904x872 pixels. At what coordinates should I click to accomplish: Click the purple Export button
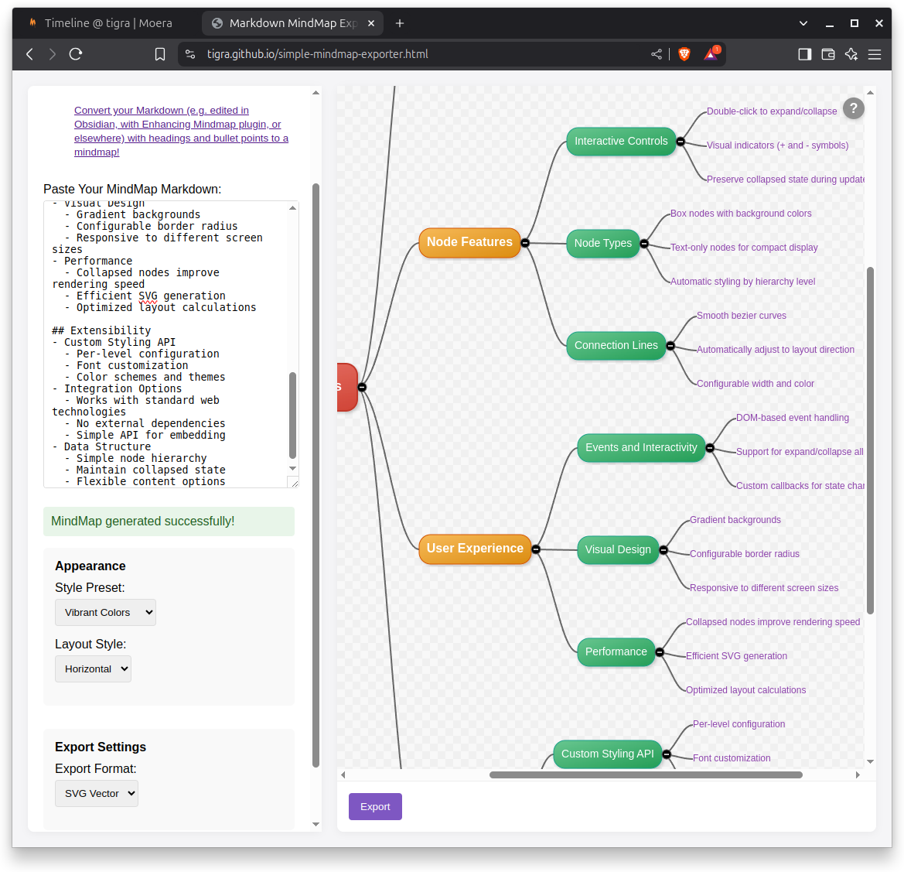(x=375, y=806)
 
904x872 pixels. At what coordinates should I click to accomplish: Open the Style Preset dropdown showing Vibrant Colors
(x=105, y=612)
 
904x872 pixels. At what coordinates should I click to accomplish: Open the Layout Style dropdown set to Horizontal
(x=93, y=669)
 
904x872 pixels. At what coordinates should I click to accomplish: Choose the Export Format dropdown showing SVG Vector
(x=97, y=793)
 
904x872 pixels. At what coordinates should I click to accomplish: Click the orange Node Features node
(x=469, y=242)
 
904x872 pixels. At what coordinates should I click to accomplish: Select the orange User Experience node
(x=475, y=549)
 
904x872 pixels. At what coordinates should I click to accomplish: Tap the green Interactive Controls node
(x=621, y=141)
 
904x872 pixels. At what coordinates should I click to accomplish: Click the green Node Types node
(x=603, y=243)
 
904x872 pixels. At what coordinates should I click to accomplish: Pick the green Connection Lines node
(x=616, y=345)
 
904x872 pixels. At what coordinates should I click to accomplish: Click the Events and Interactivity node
(x=641, y=447)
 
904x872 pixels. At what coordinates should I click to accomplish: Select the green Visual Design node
(x=618, y=549)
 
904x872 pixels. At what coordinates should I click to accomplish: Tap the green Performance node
(x=616, y=651)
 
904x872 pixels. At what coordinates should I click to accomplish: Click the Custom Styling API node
(x=607, y=754)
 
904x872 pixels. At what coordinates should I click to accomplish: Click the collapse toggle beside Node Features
(x=525, y=243)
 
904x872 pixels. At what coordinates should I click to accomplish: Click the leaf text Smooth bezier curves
(x=741, y=316)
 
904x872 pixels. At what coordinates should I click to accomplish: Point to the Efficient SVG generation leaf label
(x=736, y=656)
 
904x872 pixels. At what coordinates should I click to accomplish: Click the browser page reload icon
(x=76, y=54)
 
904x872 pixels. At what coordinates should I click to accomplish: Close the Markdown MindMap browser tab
(x=371, y=23)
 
